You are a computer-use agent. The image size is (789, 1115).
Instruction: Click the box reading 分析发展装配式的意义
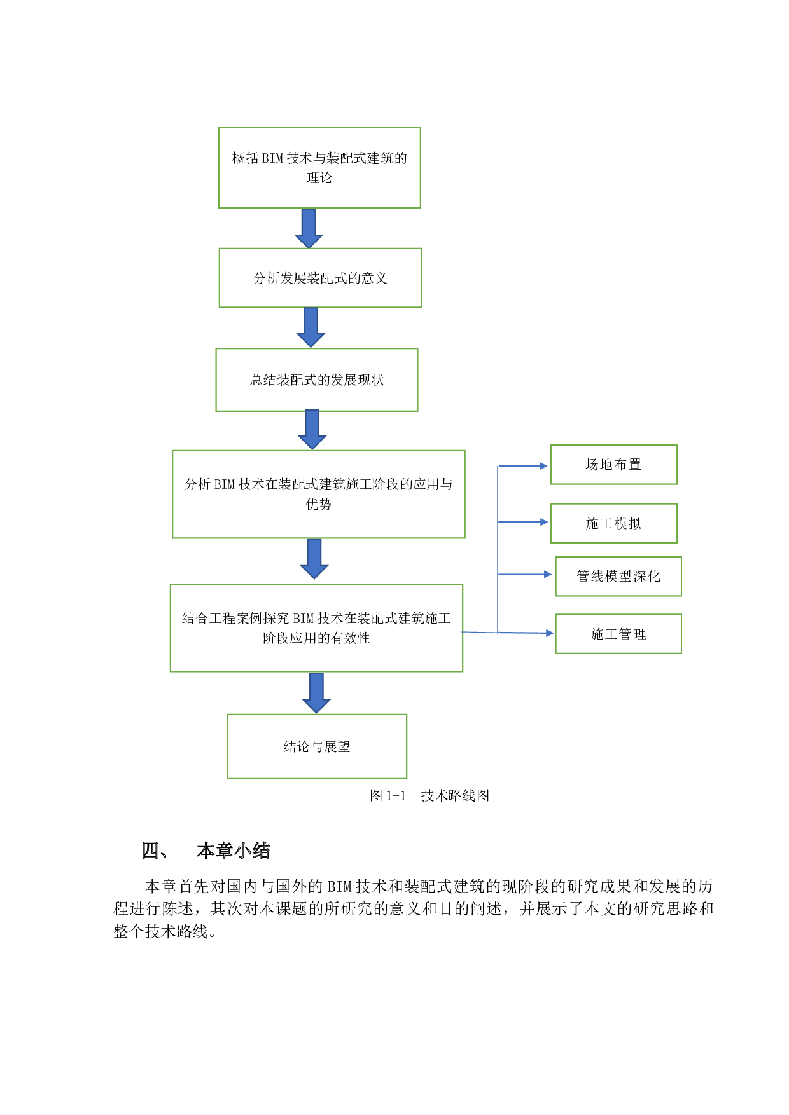coord(320,278)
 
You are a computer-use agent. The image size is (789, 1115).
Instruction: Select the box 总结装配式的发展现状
coord(317,380)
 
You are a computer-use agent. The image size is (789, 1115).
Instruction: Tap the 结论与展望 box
coord(317,746)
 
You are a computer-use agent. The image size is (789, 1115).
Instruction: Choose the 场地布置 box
coord(613,465)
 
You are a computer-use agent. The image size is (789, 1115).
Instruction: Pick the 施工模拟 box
coord(613,523)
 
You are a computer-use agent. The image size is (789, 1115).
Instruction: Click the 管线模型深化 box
coord(618,576)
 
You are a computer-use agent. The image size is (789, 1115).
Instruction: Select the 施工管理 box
coord(618,634)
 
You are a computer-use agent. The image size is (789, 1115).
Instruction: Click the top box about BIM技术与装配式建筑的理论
coord(319,167)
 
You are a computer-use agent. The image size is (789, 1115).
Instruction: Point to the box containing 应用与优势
coord(318,494)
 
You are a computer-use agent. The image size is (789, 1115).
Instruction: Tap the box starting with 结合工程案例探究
coord(316,627)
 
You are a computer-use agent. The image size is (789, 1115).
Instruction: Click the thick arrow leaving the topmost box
coord(309,228)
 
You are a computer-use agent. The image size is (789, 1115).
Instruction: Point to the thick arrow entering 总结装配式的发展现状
coord(311,327)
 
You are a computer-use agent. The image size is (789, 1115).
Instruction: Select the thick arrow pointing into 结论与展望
coord(316,692)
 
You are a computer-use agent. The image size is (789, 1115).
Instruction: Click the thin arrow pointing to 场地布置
coord(523,466)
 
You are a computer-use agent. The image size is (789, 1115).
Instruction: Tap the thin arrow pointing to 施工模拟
coord(523,522)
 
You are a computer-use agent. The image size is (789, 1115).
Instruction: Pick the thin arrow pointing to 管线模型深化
coord(526,574)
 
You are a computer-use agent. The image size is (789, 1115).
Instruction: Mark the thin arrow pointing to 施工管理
coord(526,633)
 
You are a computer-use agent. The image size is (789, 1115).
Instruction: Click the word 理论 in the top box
coord(319,178)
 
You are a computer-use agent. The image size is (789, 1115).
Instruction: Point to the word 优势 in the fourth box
coord(318,505)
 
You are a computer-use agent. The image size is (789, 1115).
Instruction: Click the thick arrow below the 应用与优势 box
coord(314,559)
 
